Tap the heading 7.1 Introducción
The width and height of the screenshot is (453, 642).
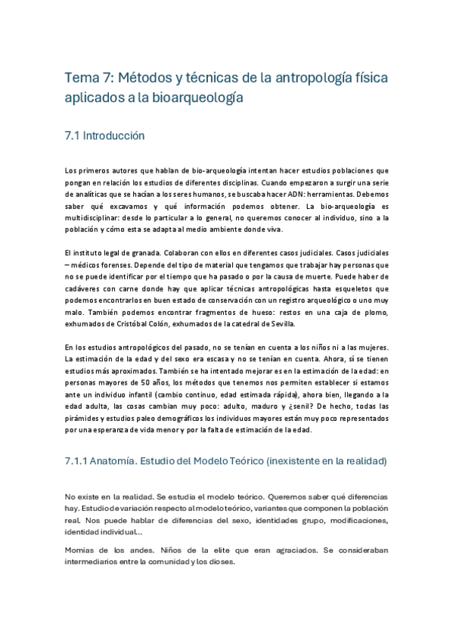point(104,136)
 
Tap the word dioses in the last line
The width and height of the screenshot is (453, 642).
point(222,563)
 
